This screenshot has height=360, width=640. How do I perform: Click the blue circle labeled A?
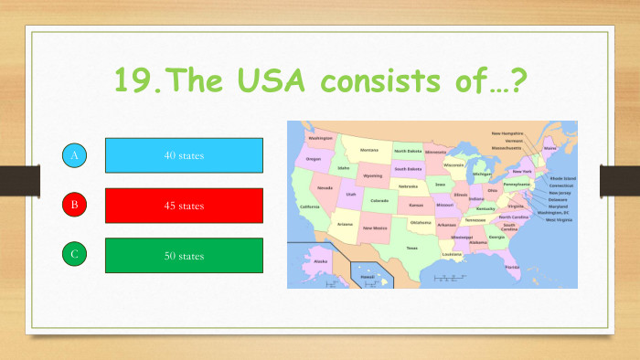point(75,155)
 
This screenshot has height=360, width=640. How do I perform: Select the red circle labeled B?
point(75,205)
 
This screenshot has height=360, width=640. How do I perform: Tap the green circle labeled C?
point(75,255)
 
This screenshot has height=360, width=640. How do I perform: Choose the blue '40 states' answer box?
point(184,155)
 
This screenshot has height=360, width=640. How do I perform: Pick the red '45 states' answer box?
point(184,206)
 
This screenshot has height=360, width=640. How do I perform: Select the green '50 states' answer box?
point(184,255)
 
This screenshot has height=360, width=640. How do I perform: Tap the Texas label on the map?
point(411,248)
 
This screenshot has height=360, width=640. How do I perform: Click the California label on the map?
point(310,206)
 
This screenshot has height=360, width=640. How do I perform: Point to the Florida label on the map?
point(512,266)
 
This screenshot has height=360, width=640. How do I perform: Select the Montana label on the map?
point(369,149)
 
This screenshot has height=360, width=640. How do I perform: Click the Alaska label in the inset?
point(321,261)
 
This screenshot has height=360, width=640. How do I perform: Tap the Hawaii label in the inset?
point(368,276)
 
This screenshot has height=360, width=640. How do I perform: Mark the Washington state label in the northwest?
point(320,139)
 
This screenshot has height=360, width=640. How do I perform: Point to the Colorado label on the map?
point(379,200)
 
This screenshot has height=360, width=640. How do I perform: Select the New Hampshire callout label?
point(507,133)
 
